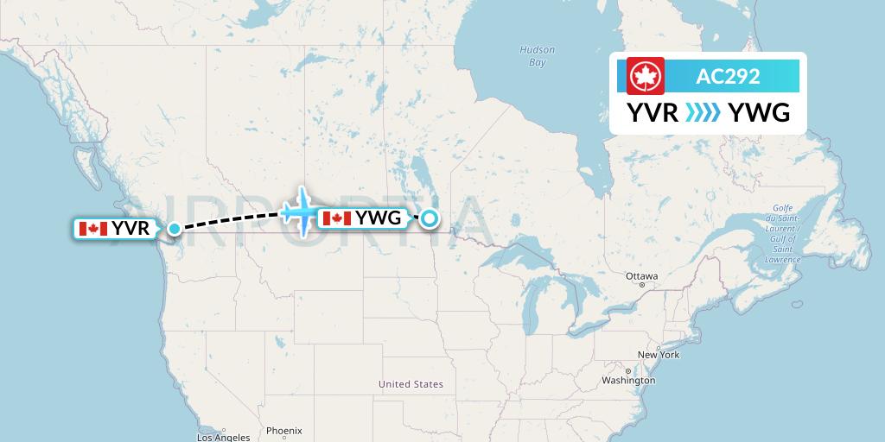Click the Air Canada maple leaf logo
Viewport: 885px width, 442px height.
641,76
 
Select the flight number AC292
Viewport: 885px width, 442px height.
728,76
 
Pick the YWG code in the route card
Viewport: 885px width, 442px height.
759,113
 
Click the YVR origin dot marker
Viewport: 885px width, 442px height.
175,229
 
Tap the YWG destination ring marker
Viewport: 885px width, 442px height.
429,219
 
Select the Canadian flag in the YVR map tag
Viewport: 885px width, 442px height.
92,229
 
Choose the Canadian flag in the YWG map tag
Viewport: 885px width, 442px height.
336,218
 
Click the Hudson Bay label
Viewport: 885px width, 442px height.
537,56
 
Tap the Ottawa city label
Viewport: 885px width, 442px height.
642,276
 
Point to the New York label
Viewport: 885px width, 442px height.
659,355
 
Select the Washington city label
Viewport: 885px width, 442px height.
628,380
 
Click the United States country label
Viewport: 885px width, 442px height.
411,384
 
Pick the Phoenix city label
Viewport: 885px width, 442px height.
283,430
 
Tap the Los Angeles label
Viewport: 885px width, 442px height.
223,437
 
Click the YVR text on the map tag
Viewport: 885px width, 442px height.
131,229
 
